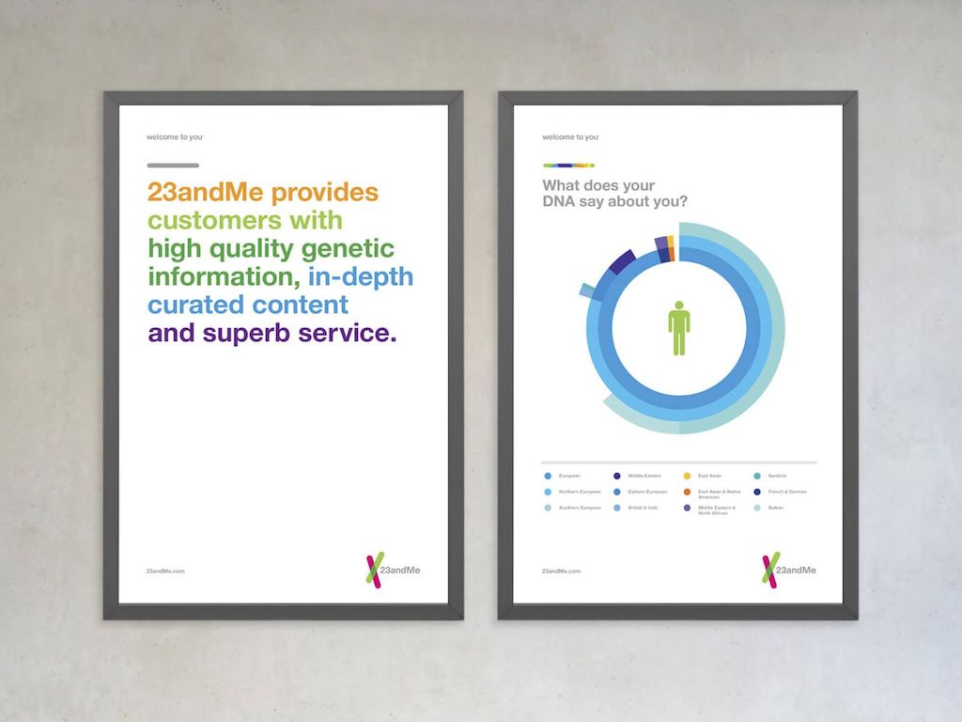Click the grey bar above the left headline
tap(173, 165)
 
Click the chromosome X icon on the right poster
tap(770, 571)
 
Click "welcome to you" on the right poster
tap(570, 137)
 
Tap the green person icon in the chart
tap(679, 328)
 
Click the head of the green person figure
tap(679, 306)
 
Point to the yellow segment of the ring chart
tap(670, 242)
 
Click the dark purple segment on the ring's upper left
tap(622, 260)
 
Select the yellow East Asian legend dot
tap(687, 476)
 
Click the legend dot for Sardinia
tap(757, 476)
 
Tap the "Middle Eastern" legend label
tap(644, 476)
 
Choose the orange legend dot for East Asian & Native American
tap(687, 492)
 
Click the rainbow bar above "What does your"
tap(568, 165)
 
